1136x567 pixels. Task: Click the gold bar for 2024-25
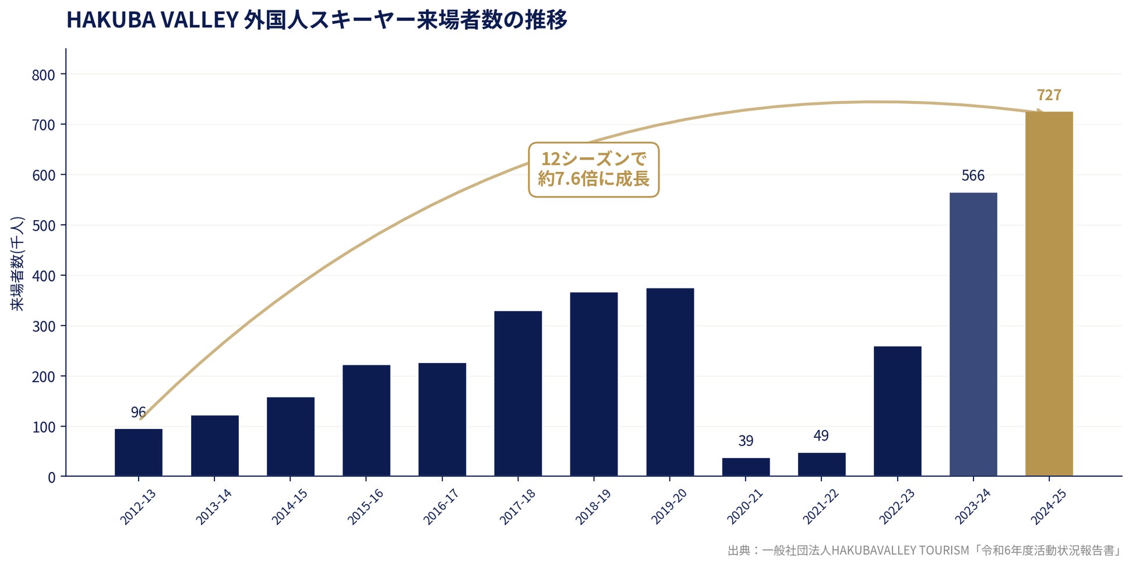[1049, 294]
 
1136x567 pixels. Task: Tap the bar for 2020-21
[746, 467]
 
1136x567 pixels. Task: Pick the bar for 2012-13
[139, 452]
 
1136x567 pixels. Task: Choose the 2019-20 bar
[670, 382]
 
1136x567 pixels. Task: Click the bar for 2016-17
[442, 419]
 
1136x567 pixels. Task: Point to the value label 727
[1049, 95]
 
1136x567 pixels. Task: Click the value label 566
[973, 175]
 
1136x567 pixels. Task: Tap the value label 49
[821, 436]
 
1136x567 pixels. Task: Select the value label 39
[746, 441]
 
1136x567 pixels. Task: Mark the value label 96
[138, 413]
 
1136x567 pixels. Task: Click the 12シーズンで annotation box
[594, 169]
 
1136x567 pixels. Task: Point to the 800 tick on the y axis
[44, 75]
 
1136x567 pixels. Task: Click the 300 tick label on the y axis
[44, 326]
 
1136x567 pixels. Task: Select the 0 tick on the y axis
[52, 478]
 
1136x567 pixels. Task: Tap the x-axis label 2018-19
[593, 506]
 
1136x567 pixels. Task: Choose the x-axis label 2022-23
[897, 506]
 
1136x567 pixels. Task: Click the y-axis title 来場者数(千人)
[17, 263]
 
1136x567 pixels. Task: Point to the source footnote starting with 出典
[924, 551]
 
